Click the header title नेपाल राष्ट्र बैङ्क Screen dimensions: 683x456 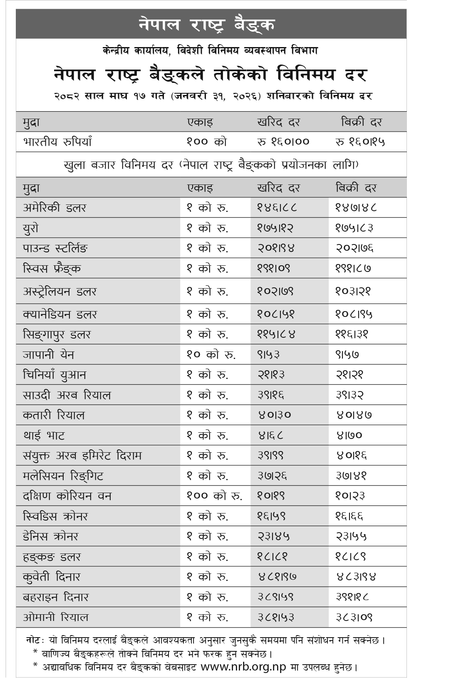[x=207, y=24]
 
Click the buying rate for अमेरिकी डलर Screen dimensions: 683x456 [x=276, y=207]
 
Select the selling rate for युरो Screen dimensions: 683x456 [x=354, y=228]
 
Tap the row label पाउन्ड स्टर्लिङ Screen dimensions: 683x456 [x=55, y=248]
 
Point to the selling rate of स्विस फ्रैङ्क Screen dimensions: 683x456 [x=353, y=268]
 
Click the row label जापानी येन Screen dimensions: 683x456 [x=48, y=355]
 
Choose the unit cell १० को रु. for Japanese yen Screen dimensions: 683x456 [x=211, y=355]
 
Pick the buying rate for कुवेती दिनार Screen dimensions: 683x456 [x=277, y=577]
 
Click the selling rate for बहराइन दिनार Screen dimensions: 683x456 [x=353, y=597]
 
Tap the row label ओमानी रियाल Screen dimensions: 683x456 [x=56, y=617]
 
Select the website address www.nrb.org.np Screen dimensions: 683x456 [x=243, y=667]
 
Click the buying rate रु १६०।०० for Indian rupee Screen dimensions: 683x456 [x=283, y=142]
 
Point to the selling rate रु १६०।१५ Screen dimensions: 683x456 [x=360, y=142]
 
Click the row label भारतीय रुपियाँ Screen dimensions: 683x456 [x=57, y=142]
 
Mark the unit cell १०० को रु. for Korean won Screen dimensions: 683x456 [x=214, y=496]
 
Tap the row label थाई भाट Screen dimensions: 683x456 [x=44, y=436]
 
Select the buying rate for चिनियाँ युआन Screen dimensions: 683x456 [x=271, y=375]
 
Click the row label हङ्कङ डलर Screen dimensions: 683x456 [x=52, y=557]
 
